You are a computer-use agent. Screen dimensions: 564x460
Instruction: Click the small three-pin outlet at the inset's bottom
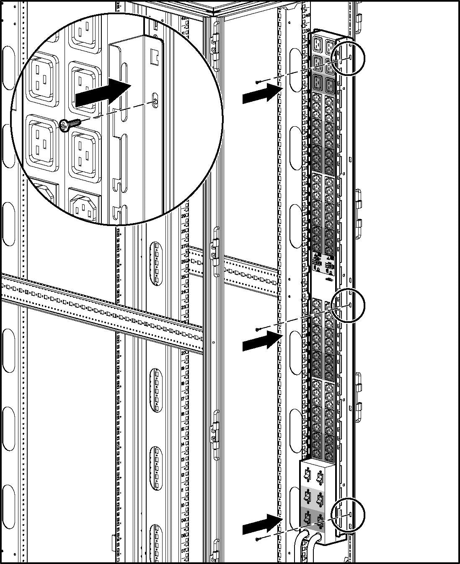[85, 206]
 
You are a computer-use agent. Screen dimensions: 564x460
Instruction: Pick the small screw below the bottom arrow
[260, 538]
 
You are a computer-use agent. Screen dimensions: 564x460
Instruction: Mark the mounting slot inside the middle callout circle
[350, 305]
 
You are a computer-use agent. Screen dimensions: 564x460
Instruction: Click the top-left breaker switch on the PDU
[307, 475]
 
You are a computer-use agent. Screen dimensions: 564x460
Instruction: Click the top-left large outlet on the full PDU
[318, 45]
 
